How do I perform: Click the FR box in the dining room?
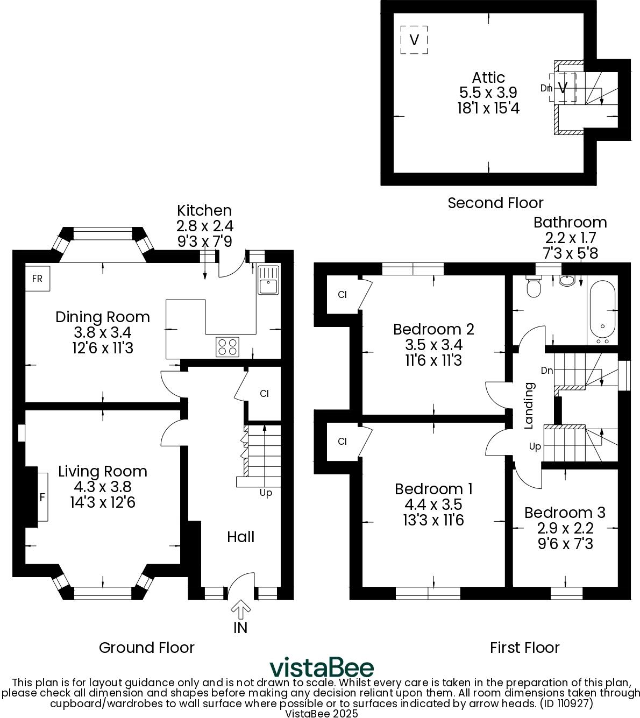37,279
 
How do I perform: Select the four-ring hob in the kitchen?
227,346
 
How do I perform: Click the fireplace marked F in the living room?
42,497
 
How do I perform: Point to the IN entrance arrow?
240,611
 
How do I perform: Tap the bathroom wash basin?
567,281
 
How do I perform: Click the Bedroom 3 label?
565,513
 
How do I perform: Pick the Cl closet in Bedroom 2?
342,294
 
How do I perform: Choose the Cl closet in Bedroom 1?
342,442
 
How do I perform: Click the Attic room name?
488,77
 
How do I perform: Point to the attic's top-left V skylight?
414,40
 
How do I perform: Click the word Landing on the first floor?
529,406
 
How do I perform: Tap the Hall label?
240,537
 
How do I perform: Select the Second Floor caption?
495,203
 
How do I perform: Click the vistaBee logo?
321,667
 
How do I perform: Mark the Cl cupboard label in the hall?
264,394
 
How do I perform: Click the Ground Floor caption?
146,648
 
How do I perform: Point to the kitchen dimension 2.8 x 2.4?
204,226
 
